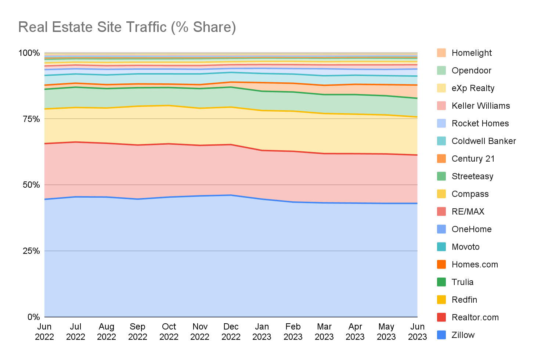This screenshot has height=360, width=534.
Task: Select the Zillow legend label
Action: point(463,335)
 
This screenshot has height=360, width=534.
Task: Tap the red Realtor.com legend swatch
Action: point(441,317)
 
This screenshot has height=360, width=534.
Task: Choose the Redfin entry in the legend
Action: point(464,300)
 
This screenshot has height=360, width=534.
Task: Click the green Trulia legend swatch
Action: point(441,282)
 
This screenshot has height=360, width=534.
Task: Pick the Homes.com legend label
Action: point(475,264)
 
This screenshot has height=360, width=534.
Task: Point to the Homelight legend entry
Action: point(472,53)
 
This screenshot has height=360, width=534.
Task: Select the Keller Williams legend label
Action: point(480,106)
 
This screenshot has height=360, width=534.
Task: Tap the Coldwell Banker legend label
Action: point(483,141)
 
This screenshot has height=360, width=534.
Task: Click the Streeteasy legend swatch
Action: point(441,176)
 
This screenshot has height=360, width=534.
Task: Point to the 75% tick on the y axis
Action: point(31,119)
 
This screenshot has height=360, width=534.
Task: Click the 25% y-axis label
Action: point(31,251)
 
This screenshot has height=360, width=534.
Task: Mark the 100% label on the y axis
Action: point(29,53)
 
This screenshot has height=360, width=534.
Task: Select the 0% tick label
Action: point(33,317)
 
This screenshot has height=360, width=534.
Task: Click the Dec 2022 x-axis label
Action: point(231,332)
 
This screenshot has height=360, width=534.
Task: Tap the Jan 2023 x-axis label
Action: point(262,332)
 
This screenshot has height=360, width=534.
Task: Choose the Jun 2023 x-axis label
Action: point(417,332)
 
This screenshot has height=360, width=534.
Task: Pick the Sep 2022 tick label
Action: point(138,332)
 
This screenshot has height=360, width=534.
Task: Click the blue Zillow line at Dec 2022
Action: point(231,195)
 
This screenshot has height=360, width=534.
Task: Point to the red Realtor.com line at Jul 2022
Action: point(76,142)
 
